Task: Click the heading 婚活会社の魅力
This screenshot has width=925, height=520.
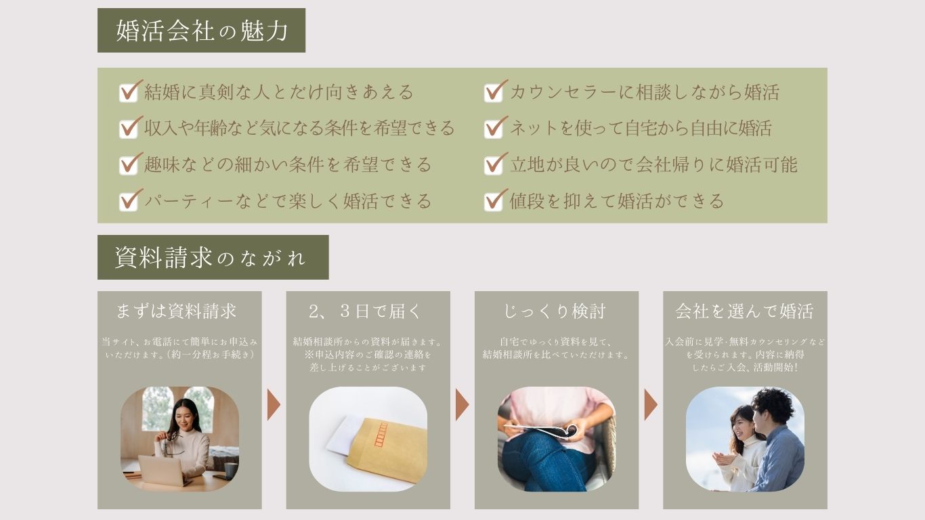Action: click(202, 30)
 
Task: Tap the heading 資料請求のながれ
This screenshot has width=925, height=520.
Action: click(210, 258)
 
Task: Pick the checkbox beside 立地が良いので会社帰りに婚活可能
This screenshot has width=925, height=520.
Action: click(494, 165)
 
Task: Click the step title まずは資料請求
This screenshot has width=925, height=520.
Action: click(176, 311)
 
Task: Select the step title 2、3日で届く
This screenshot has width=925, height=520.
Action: click(365, 311)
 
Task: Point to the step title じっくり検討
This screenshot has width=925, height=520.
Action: click(554, 311)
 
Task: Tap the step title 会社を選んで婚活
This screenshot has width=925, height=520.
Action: click(745, 311)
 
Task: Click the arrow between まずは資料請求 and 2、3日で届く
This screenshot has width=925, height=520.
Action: click(274, 405)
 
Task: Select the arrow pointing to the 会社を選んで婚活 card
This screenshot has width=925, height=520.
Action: click(651, 405)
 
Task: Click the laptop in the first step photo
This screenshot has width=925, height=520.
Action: click(161, 471)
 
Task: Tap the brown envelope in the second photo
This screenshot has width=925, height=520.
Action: click(386, 450)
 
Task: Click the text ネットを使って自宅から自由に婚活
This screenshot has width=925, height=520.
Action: click(641, 129)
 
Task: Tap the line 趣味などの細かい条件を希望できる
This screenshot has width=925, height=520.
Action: click(288, 165)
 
